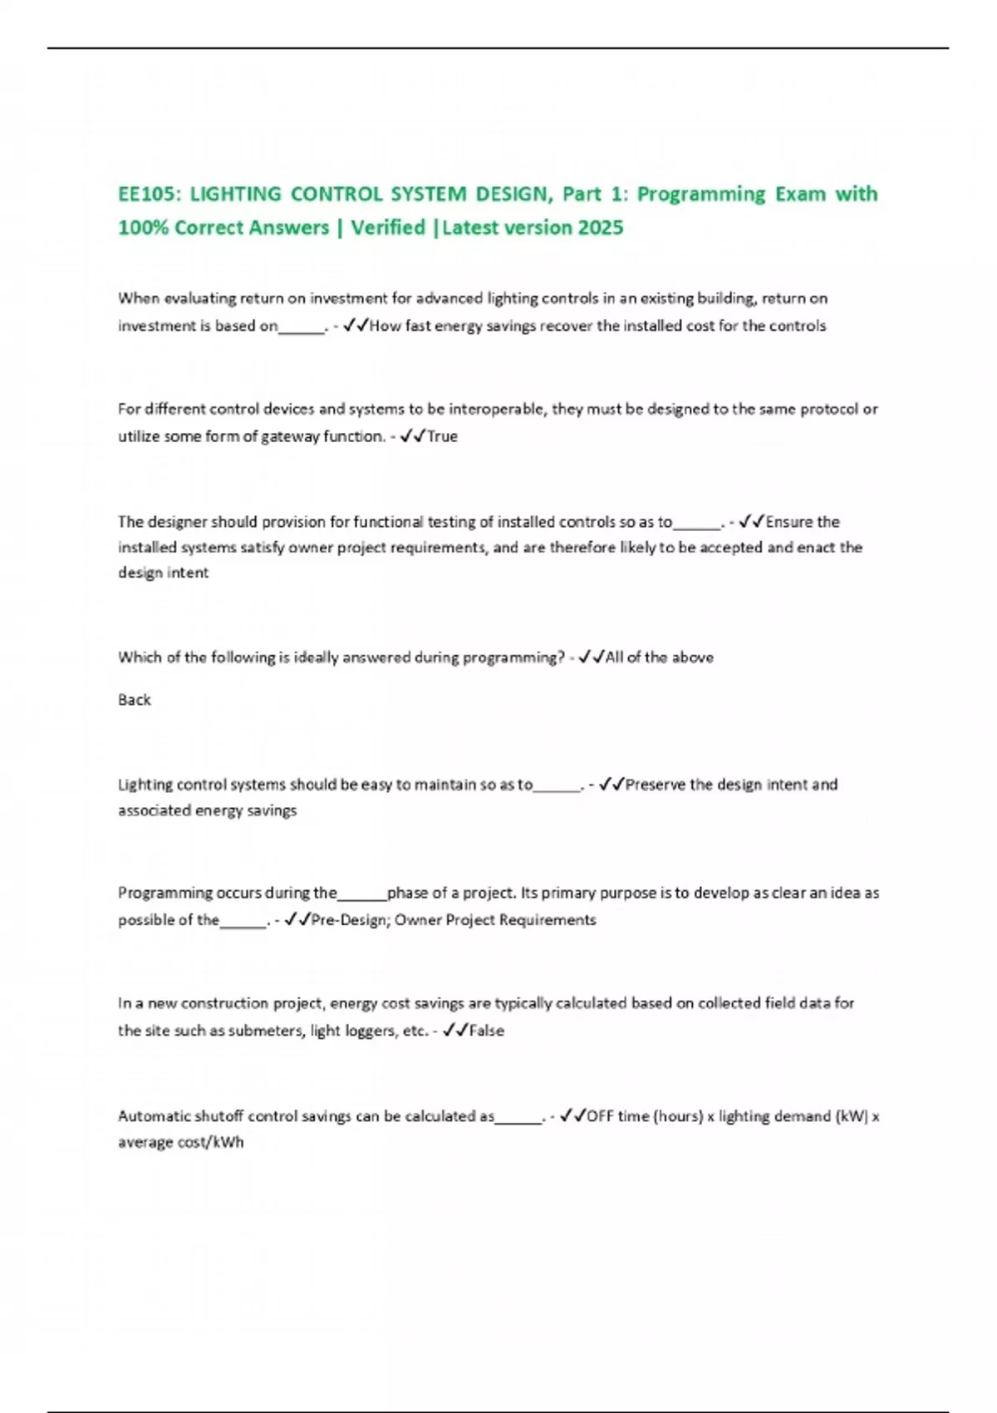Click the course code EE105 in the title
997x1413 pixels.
(x=147, y=194)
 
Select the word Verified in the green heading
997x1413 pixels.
(x=387, y=228)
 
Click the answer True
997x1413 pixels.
(x=442, y=436)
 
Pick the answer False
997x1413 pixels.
(x=487, y=1031)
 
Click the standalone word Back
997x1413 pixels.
(x=134, y=700)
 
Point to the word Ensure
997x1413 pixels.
(x=788, y=522)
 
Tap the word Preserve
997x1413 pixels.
(x=656, y=785)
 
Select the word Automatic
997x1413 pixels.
(x=150, y=1116)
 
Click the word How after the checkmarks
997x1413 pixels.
(x=385, y=326)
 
